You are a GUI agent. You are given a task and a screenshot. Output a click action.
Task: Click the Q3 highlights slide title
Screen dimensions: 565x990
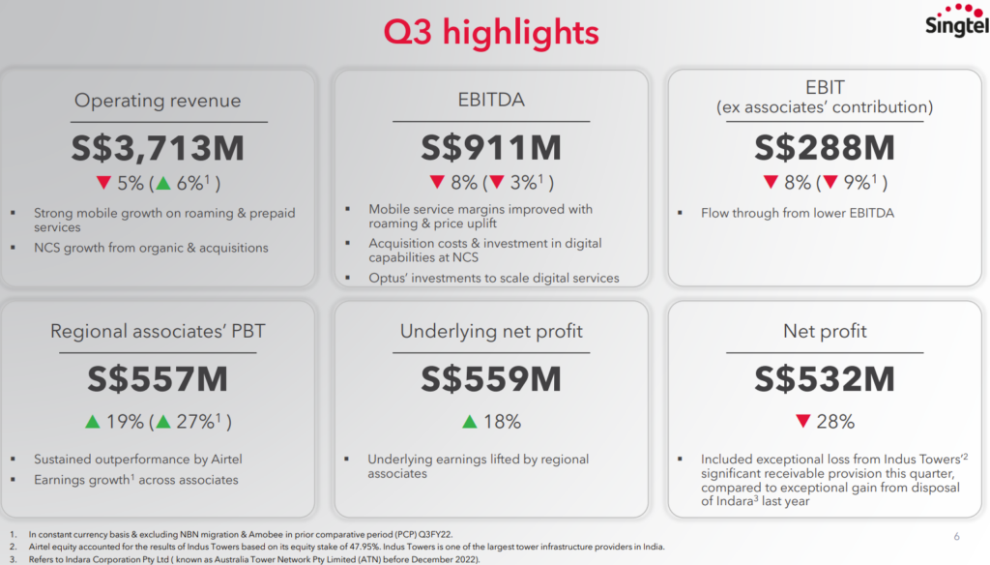(x=491, y=32)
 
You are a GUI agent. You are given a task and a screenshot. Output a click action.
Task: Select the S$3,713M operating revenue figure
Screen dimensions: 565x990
(x=158, y=148)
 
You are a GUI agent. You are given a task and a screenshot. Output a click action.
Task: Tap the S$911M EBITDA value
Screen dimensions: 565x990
(x=491, y=148)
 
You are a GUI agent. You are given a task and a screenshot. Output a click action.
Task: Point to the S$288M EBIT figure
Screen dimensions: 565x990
(x=825, y=148)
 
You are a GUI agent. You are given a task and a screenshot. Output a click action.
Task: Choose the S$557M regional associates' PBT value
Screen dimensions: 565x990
(x=158, y=379)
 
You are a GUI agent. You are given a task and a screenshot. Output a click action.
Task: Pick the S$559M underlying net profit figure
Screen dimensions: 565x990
(x=491, y=379)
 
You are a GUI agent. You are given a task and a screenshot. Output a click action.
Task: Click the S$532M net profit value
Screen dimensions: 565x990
(x=825, y=379)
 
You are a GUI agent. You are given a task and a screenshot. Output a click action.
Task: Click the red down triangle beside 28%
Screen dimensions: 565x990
(x=802, y=422)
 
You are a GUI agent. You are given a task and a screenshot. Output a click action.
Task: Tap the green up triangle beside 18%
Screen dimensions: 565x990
(x=470, y=422)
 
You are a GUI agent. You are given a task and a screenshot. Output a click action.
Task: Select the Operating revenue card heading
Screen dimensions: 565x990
(x=158, y=101)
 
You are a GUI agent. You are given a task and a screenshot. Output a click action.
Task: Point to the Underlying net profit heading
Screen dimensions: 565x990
(x=491, y=332)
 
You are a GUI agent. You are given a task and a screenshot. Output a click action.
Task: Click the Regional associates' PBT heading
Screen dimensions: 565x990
(x=158, y=332)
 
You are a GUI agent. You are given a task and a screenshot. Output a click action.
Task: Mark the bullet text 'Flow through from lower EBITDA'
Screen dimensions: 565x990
(x=797, y=213)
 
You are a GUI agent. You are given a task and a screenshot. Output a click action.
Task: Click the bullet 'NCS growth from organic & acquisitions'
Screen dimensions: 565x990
(x=151, y=248)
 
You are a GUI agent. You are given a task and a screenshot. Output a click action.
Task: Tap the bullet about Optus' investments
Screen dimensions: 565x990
(x=493, y=278)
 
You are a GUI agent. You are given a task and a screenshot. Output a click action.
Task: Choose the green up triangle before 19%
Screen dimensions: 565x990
(x=94, y=422)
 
